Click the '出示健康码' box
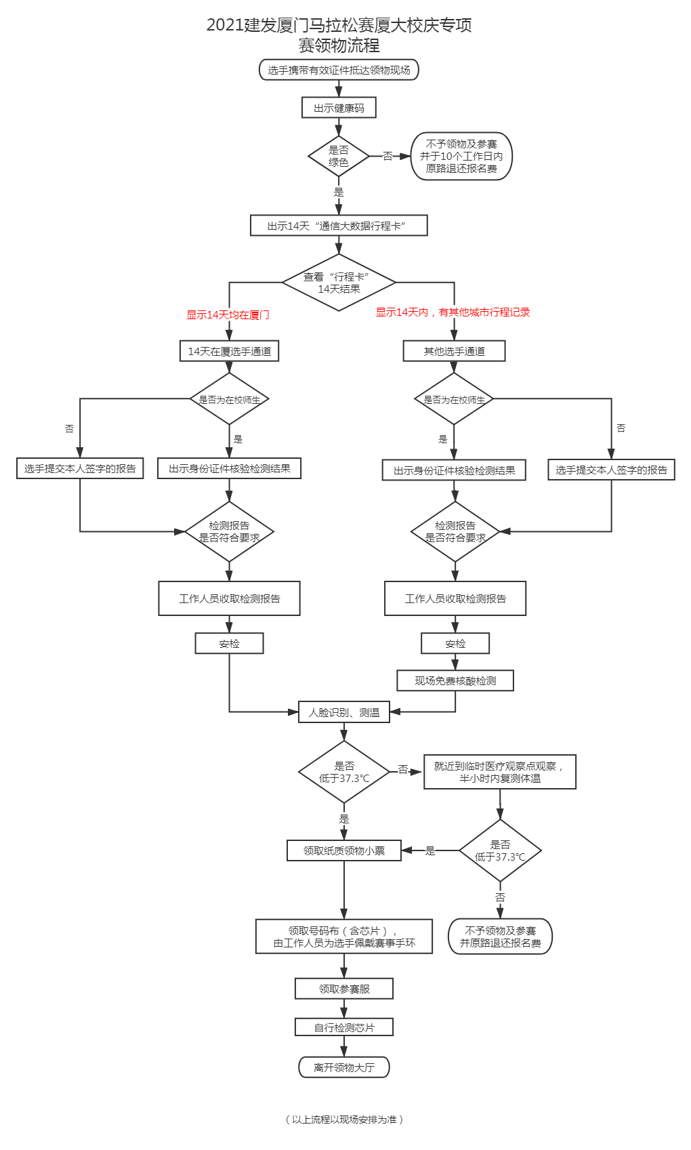pos(339,108)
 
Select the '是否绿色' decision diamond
pos(339,156)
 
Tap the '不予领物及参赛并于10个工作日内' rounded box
pos(461,156)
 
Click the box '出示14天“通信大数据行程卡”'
pos(339,226)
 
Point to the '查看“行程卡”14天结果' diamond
pos(339,283)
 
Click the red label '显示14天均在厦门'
pos(228,314)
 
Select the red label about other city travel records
pos(453,312)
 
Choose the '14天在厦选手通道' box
pos(230,351)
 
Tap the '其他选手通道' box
pos(455,351)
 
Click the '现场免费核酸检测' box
pos(455,680)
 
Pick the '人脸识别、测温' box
pos(344,712)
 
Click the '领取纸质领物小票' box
pos(344,850)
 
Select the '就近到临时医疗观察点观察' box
pos(500,772)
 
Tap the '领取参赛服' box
pos(344,989)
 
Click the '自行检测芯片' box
pos(344,1027)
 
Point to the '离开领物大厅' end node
pos(344,1067)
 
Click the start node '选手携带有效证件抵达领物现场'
pos(339,70)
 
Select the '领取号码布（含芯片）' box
pos(344,937)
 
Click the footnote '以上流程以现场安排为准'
pos(344,1120)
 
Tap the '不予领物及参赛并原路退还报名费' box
pos(500,937)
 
